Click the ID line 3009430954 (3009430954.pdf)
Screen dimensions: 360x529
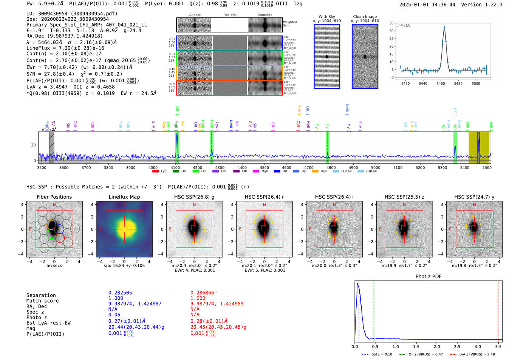coord(72,14)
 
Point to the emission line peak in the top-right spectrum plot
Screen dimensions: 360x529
coord(444,27)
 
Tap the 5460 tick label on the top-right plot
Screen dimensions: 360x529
coord(441,83)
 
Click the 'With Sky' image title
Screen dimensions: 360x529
coord(326,17)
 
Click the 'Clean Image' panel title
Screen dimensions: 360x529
coord(365,17)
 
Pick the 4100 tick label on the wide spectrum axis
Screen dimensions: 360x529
coord(175,168)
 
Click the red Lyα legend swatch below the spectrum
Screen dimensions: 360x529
coord(155,172)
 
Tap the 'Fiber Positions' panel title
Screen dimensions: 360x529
coord(54,197)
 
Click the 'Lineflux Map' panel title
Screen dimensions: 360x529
coord(124,197)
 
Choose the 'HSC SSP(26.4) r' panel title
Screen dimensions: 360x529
coord(264,197)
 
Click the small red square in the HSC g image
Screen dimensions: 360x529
coord(194,228)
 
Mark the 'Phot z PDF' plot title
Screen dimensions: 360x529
coord(428,277)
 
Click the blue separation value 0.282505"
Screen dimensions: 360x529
coord(121,293)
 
